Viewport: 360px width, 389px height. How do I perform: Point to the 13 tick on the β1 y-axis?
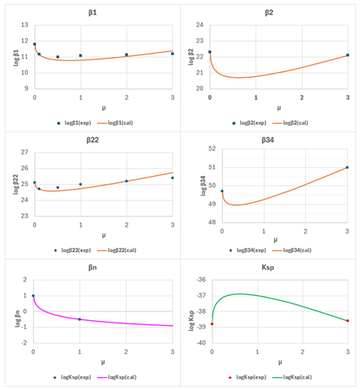pyautogui.click(x=24, y=25)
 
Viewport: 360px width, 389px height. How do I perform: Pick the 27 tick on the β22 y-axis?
pyautogui.click(x=24, y=153)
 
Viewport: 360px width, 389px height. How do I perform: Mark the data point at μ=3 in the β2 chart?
pyautogui.click(x=347, y=55)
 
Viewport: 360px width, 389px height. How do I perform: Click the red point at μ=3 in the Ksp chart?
pyautogui.click(x=347, y=321)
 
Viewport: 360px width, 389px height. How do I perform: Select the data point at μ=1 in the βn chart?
pyautogui.click(x=79, y=319)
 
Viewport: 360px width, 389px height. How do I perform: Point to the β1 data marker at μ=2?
pyautogui.click(x=126, y=55)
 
